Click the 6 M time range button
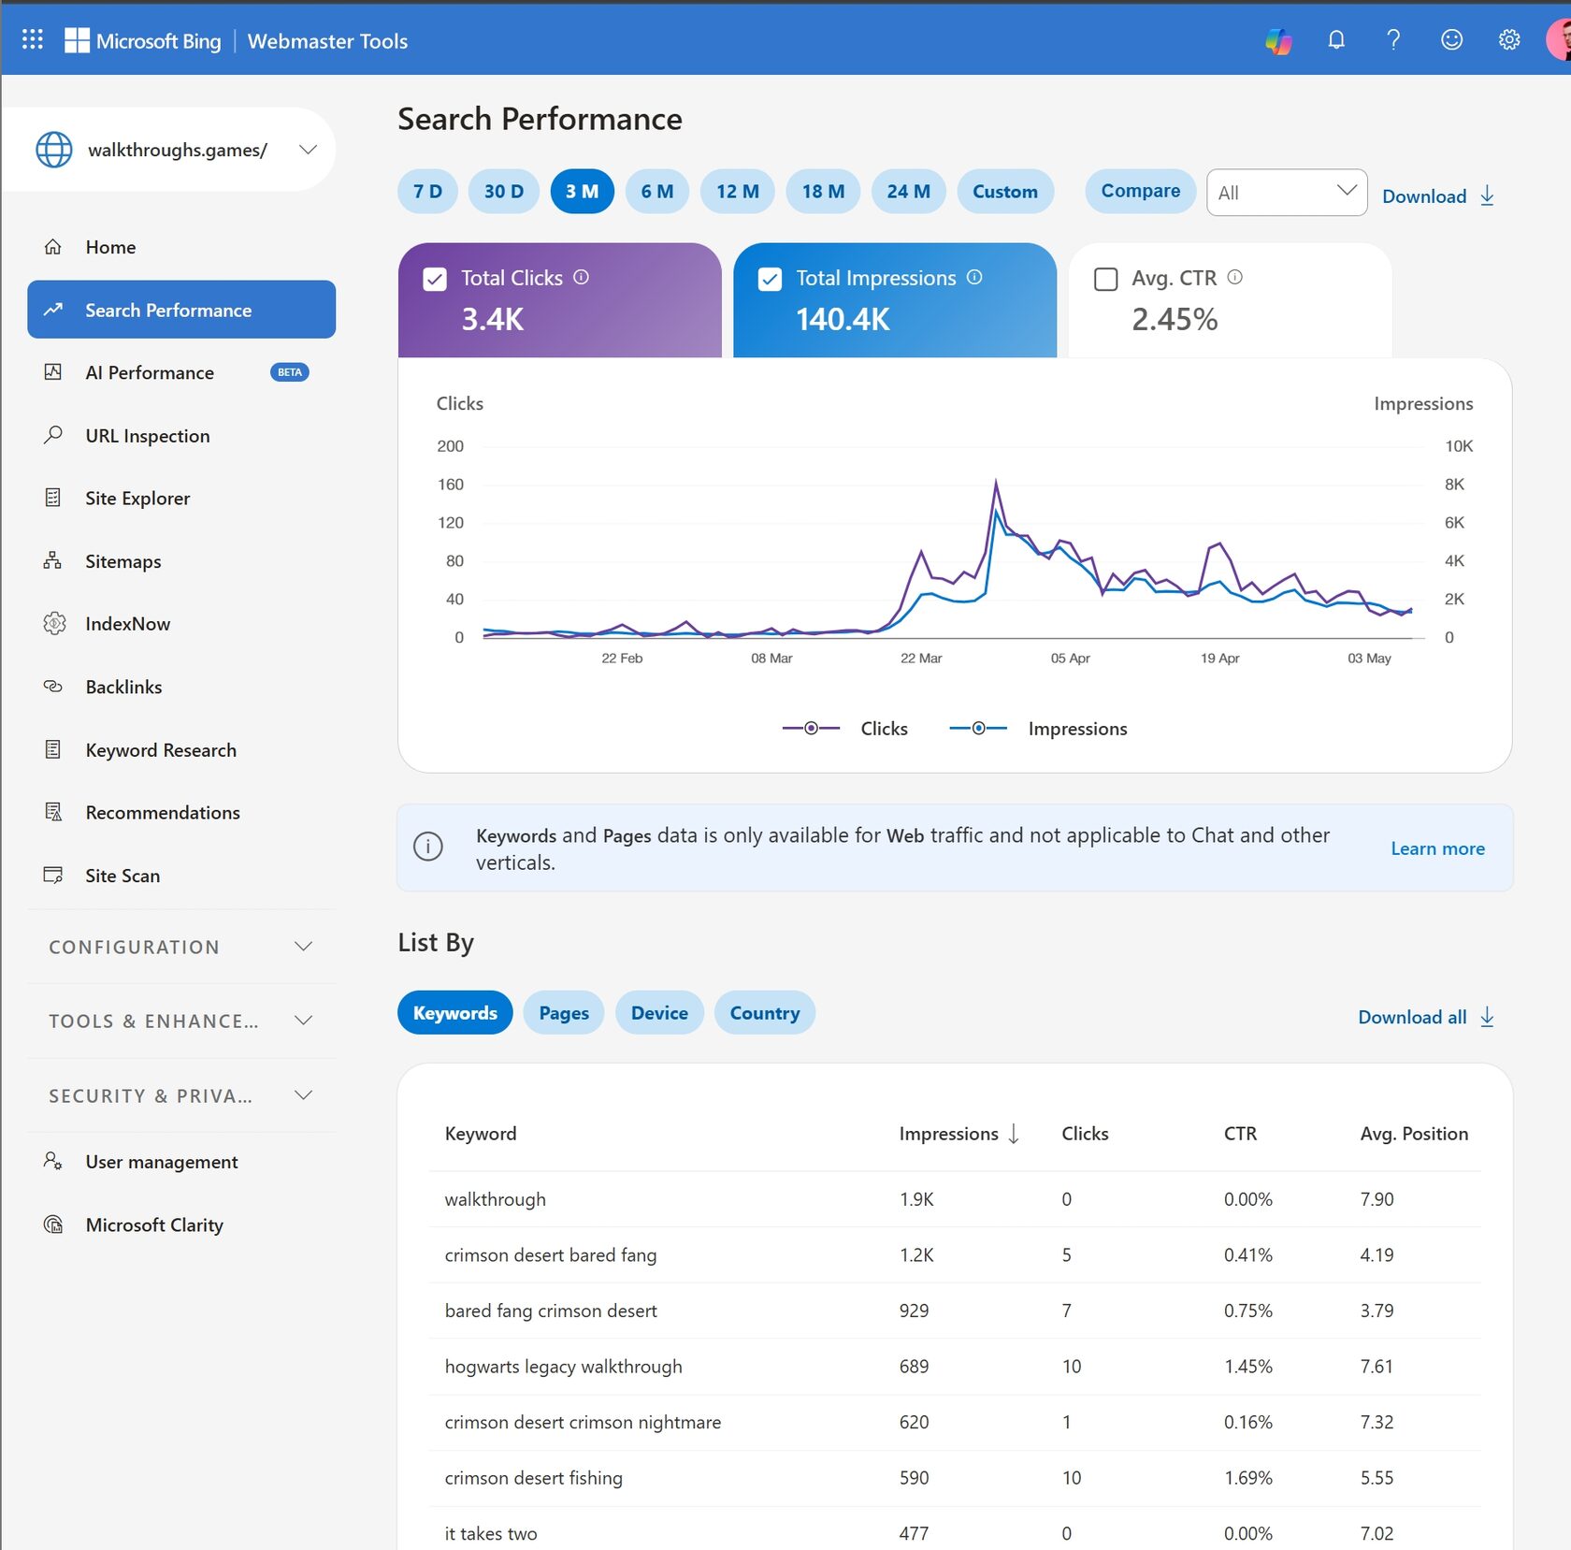point(657,192)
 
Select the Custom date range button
point(1005,192)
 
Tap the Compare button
point(1140,191)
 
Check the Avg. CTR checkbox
point(1105,279)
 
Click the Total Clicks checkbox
point(435,279)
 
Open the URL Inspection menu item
point(148,436)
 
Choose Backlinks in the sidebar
point(123,687)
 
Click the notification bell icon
point(1336,39)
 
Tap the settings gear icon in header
point(1508,39)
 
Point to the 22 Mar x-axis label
point(921,659)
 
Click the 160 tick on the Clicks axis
point(451,485)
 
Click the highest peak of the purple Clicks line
point(996,481)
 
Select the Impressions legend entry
point(1038,729)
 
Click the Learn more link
point(1437,848)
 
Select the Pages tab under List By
point(564,1013)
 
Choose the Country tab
point(765,1013)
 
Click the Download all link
point(1426,1018)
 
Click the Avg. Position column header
point(1414,1134)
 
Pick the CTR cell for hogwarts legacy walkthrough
point(1248,1367)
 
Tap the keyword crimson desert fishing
point(534,1478)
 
